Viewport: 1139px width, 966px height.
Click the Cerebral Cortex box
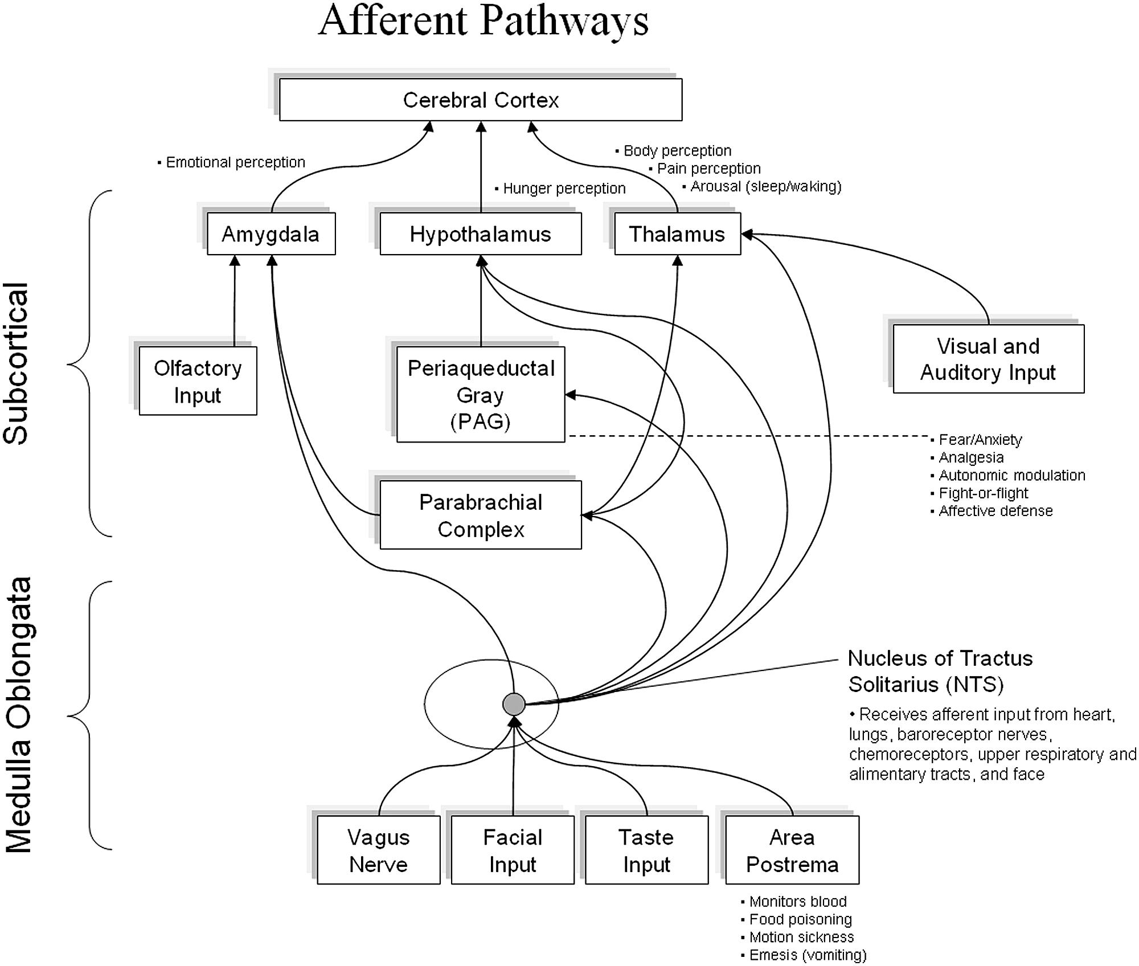[x=481, y=100]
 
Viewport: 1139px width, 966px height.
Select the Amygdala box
[x=271, y=234]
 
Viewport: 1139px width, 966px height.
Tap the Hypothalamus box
[x=480, y=234]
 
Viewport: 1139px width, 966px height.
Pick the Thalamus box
[x=677, y=234]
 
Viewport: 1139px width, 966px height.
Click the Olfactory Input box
[x=198, y=381]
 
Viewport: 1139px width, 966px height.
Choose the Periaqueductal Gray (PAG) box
[x=480, y=394]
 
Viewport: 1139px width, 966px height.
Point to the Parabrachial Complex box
[x=480, y=515]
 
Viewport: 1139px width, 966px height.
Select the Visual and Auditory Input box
[x=988, y=359]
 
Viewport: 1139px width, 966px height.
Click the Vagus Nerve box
[x=378, y=850]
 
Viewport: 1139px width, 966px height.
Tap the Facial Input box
[x=513, y=850]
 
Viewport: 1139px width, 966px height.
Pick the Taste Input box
[x=646, y=850]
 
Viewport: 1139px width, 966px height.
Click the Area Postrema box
[x=792, y=850]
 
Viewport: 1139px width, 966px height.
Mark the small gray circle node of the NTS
[x=514, y=705]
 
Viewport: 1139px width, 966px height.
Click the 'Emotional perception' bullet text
[x=235, y=162]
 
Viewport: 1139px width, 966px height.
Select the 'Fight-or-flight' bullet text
[x=983, y=493]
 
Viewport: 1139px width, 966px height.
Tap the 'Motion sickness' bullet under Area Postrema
[x=801, y=937]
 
